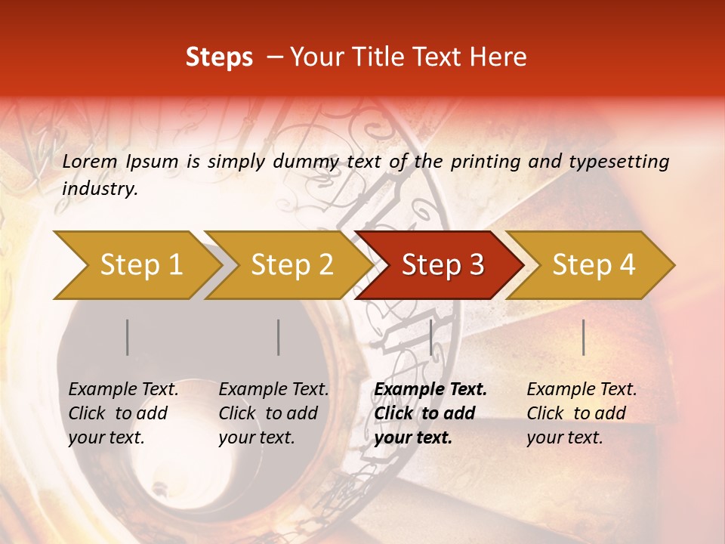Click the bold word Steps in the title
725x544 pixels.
tap(219, 57)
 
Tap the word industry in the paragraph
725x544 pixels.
tap(100, 189)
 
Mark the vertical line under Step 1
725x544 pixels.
tap(128, 337)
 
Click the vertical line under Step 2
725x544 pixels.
tap(279, 337)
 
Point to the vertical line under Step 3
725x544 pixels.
tap(430, 337)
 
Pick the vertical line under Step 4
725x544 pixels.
tap(584, 337)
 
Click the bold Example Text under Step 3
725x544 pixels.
tap(430, 389)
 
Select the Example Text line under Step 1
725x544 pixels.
tap(124, 389)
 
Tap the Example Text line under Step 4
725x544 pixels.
tap(582, 389)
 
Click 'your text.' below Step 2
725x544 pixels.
tap(257, 437)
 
